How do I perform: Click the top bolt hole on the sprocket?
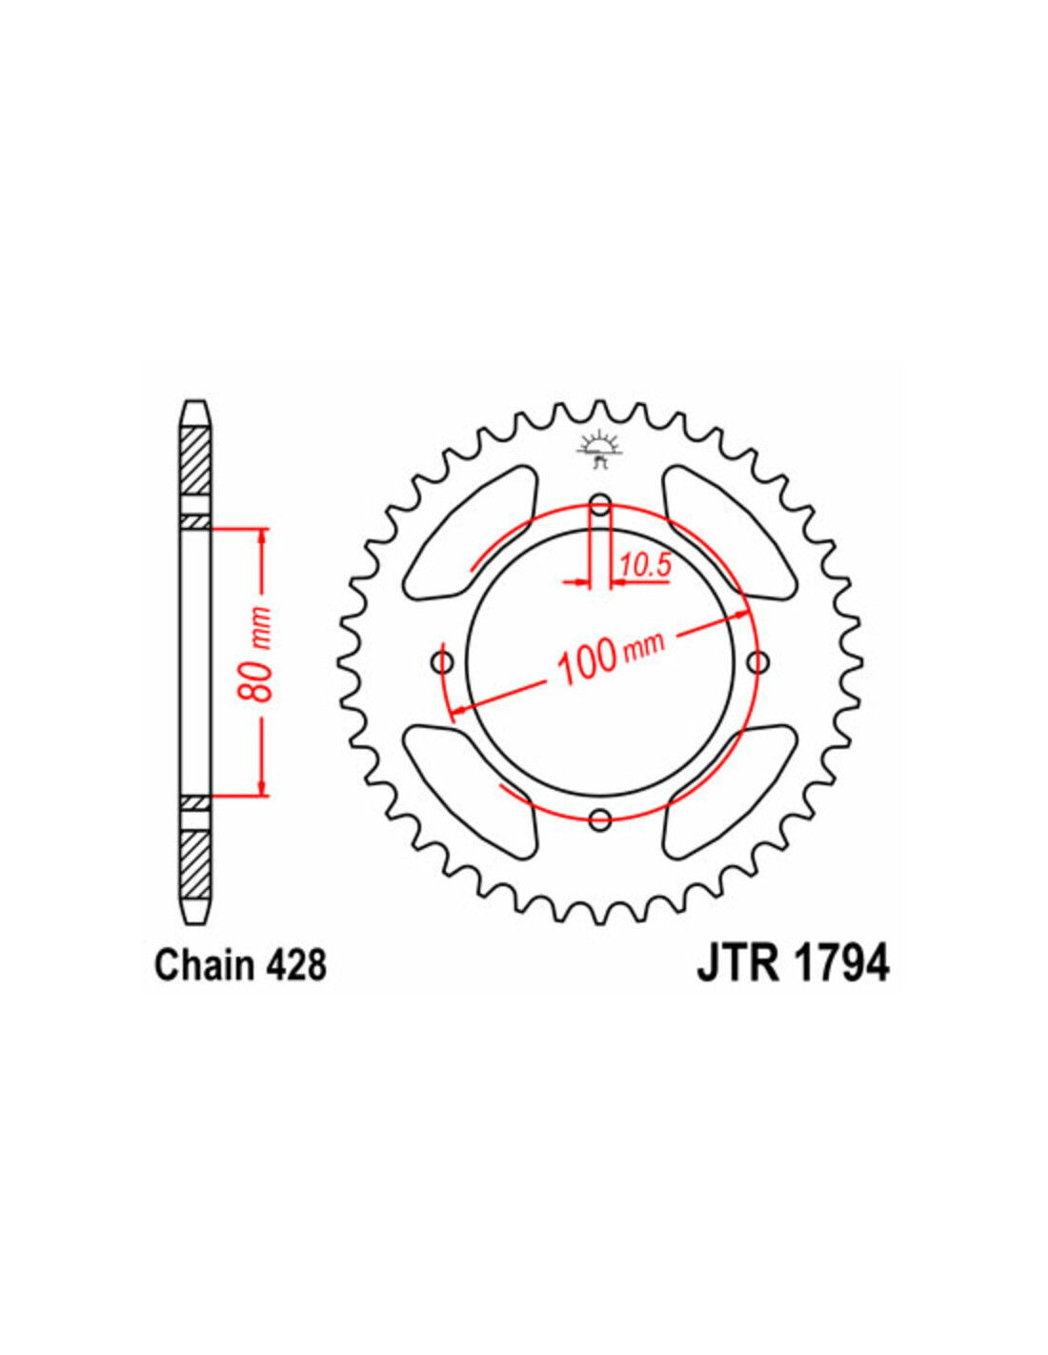click(x=600, y=504)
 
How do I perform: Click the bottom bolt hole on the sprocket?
click(x=600, y=819)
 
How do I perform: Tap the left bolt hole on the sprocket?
click(x=443, y=661)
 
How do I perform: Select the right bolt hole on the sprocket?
click(x=757, y=661)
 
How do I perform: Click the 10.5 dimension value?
click(x=646, y=567)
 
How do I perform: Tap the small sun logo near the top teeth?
click(x=600, y=449)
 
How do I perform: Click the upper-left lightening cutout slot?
click(x=472, y=534)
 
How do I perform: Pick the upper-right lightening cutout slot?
click(x=728, y=534)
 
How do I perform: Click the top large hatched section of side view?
click(x=194, y=461)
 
